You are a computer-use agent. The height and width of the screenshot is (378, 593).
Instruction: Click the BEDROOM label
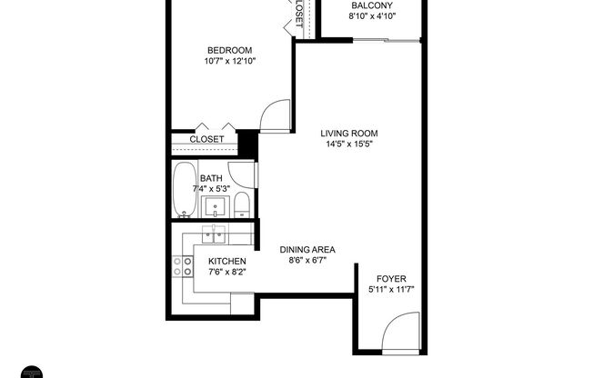coord(229,49)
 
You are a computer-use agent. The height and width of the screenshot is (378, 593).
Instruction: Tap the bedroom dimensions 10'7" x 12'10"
coord(229,61)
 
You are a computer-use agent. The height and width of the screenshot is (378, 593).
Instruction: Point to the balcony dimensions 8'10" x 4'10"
coord(372,16)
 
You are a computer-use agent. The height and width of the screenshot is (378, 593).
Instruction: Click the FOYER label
coord(387,278)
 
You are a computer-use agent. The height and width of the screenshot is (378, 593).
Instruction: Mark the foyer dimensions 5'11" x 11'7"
coord(387,290)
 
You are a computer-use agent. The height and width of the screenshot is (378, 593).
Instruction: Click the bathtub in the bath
coord(183,190)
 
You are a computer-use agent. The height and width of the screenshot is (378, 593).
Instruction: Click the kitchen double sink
coord(215,237)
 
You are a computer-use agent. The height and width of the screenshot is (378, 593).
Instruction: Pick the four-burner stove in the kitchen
coord(183,265)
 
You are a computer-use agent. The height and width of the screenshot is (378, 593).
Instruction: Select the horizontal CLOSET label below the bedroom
coord(206,139)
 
